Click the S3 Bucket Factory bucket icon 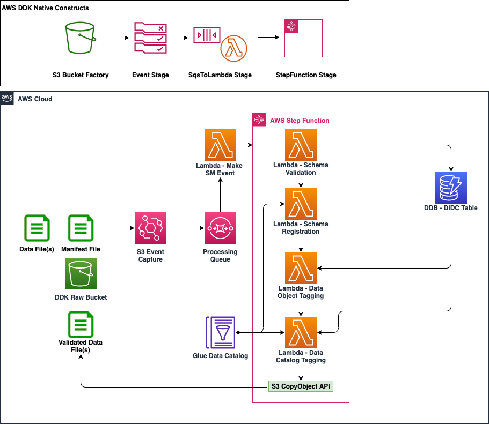point(81,38)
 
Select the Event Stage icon point(150,38)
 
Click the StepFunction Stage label point(305,75)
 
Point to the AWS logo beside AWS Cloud point(7,99)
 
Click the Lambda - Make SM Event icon point(221,144)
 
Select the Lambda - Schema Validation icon point(301,144)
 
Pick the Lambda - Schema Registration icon point(301,204)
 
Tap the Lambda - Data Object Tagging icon point(301,268)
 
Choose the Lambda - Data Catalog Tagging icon point(301,332)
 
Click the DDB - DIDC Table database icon point(451,188)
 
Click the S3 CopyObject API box point(301,386)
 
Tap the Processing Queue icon point(220,228)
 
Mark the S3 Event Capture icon point(150,228)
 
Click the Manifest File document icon point(81,228)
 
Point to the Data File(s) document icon point(37,228)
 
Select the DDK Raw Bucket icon point(81,273)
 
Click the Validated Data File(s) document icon point(81,324)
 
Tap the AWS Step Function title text point(300,121)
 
